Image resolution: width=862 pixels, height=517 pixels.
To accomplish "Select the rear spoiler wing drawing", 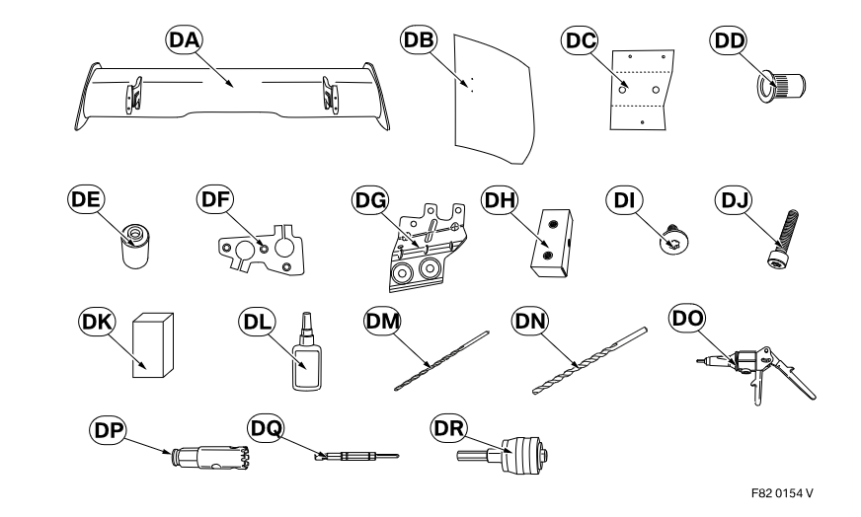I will [x=237, y=94].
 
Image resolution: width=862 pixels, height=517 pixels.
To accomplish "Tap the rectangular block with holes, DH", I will [x=547, y=243].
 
